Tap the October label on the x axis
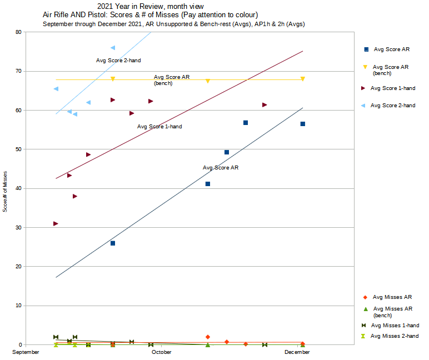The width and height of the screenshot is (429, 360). (x=162, y=352)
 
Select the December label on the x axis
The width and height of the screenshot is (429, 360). (x=297, y=352)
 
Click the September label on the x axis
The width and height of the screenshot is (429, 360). (x=26, y=352)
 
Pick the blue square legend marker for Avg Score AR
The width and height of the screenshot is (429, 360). (x=366, y=49)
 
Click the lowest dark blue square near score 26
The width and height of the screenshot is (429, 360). (x=113, y=243)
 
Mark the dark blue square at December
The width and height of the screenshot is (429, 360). (x=303, y=124)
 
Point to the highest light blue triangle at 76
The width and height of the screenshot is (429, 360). (x=113, y=48)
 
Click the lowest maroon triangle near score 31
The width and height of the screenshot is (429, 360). (x=56, y=223)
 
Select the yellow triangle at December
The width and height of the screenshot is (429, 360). (x=303, y=79)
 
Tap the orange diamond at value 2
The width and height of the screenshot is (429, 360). (x=208, y=337)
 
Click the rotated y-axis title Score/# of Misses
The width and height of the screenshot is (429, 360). (x=6, y=192)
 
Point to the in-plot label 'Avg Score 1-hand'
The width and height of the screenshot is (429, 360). (x=159, y=127)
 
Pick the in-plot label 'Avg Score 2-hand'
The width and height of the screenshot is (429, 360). (x=118, y=60)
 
